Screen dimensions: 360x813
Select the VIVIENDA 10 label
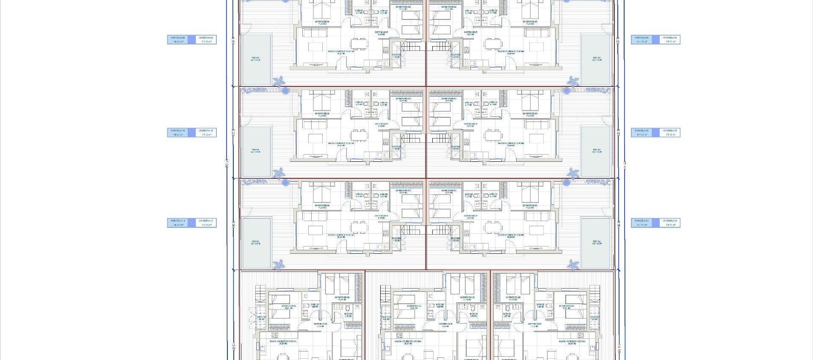pyautogui.click(x=206, y=133)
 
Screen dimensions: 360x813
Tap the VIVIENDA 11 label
pyautogui.click(x=206, y=223)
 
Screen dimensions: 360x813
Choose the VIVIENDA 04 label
pyautogui.click(x=669, y=223)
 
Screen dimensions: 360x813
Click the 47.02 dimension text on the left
pyautogui.click(x=227, y=163)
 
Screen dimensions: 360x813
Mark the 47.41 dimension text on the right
pyautogui.click(x=625, y=163)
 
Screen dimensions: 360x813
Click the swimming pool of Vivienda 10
pyautogui.click(x=256, y=151)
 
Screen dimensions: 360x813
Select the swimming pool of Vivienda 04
pyautogui.click(x=597, y=243)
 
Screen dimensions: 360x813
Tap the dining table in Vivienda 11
pyautogui.click(x=359, y=227)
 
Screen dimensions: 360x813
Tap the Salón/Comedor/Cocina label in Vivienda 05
pyautogui.click(x=511, y=144)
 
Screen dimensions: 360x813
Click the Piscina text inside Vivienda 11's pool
pyautogui.click(x=255, y=243)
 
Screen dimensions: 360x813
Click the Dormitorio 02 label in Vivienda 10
pyautogui.click(x=403, y=100)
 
